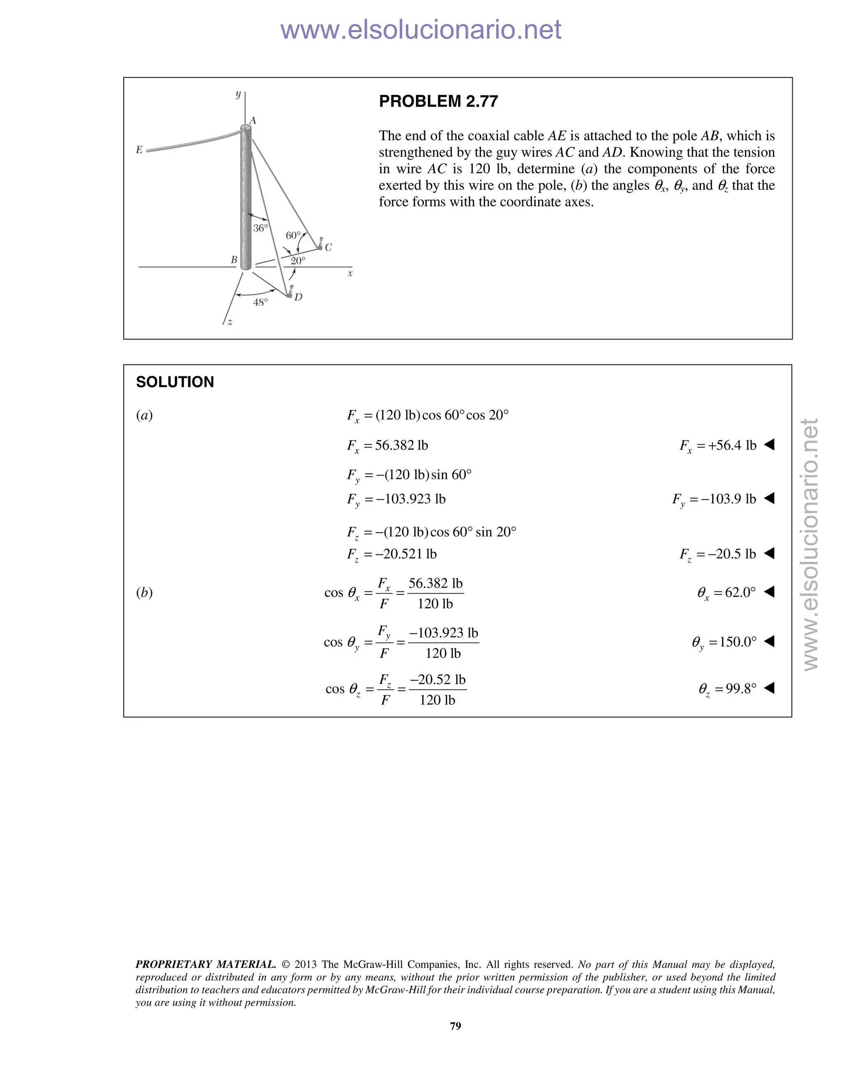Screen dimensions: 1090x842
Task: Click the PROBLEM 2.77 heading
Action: click(x=438, y=101)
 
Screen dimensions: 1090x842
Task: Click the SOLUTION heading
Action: click(x=175, y=382)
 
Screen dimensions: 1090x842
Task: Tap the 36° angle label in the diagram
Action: click(x=260, y=228)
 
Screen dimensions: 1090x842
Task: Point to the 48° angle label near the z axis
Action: click(x=260, y=302)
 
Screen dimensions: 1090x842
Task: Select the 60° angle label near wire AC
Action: click(x=293, y=235)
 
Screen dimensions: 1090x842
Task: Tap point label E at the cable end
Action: click(x=139, y=150)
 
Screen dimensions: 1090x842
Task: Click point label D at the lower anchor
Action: click(x=298, y=297)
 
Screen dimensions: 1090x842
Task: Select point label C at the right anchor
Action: click(x=328, y=247)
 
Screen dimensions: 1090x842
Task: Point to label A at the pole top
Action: click(x=253, y=120)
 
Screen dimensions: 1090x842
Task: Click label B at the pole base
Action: click(x=234, y=260)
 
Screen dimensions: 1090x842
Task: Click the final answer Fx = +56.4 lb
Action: click(x=718, y=445)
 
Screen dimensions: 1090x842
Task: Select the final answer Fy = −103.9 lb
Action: click(x=714, y=499)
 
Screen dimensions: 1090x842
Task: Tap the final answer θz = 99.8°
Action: click(x=727, y=689)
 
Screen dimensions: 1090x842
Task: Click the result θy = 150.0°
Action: click(x=724, y=642)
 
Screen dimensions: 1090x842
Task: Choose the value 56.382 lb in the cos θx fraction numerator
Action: click(x=435, y=583)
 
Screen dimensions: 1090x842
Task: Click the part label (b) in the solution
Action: click(x=144, y=592)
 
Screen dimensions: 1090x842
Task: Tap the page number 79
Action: click(x=456, y=1025)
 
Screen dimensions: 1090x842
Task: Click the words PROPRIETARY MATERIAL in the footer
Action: click(x=206, y=964)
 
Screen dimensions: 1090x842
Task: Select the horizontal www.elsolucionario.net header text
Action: click(x=421, y=30)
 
